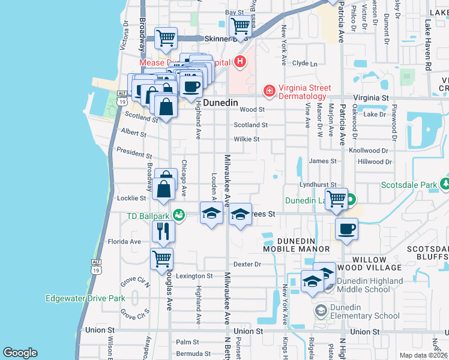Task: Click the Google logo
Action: pos(20,353)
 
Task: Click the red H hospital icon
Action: pos(240,61)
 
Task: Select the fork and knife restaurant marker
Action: pos(163,230)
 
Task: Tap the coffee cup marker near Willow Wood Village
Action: pos(347,229)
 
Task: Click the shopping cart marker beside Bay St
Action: pos(240,26)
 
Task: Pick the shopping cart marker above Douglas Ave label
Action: pos(161,259)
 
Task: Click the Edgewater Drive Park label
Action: pos(85,298)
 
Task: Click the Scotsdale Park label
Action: pos(409,185)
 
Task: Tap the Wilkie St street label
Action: pos(246,139)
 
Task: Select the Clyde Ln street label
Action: pos(304,63)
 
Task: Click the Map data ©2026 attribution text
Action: pos(423,355)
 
